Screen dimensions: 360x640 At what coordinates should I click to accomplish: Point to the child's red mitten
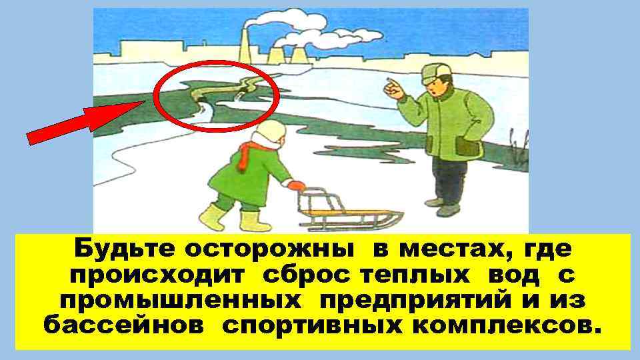click(295, 186)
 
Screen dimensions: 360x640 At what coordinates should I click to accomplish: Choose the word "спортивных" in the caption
click(307, 326)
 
